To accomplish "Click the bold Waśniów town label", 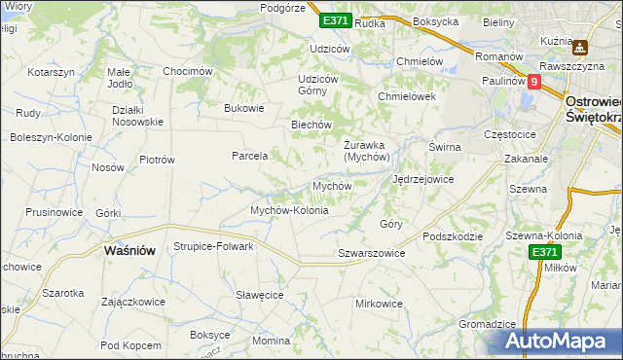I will (129, 250).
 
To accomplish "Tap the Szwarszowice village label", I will (370, 253).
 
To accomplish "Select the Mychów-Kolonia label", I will (290, 210).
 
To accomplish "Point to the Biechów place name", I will (312, 125).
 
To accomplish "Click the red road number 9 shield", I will (533, 83).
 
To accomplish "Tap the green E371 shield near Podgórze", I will (335, 19).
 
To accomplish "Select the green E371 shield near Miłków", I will (545, 252).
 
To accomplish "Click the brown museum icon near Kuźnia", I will (581, 46).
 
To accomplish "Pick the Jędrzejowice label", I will (422, 180).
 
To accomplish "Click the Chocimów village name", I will (188, 71).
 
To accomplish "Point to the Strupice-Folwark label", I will (213, 246).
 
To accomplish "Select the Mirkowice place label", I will (379, 304).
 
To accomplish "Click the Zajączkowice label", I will (132, 302).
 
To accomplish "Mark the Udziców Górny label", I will (317, 85).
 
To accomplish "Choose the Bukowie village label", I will (244, 108).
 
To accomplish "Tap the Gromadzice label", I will (486, 324).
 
